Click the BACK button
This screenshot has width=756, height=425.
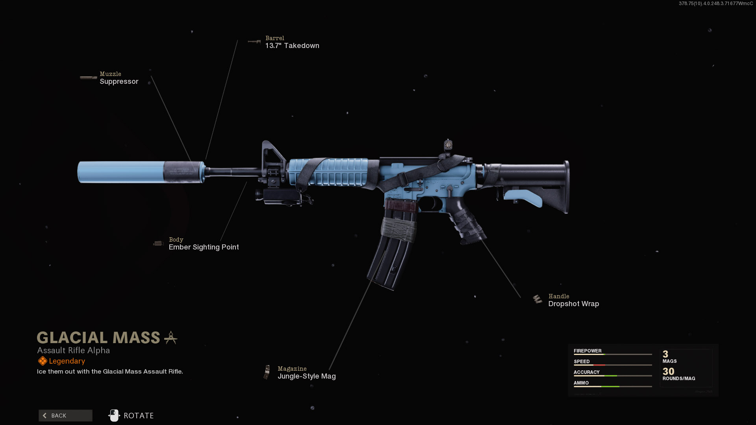[x=65, y=416]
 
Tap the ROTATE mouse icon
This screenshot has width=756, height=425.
[x=114, y=416]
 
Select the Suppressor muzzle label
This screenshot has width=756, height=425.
[x=119, y=81]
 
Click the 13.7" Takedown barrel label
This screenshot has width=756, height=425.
[x=292, y=46]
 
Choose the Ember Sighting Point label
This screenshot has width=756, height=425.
[x=204, y=247]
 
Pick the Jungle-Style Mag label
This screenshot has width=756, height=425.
[x=306, y=376]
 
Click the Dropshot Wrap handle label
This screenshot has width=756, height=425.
[x=573, y=304]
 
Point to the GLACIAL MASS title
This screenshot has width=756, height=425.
[x=98, y=338]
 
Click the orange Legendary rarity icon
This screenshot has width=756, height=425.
[x=42, y=361]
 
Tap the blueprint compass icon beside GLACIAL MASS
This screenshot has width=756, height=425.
[x=170, y=338]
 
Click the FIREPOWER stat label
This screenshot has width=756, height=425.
[x=587, y=351]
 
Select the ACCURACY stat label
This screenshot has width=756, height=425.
[x=586, y=372]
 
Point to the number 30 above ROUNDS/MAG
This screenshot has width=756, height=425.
[x=668, y=371]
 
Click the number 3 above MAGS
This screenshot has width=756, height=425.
[x=665, y=354]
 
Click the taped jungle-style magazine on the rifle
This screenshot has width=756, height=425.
[x=394, y=244]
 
